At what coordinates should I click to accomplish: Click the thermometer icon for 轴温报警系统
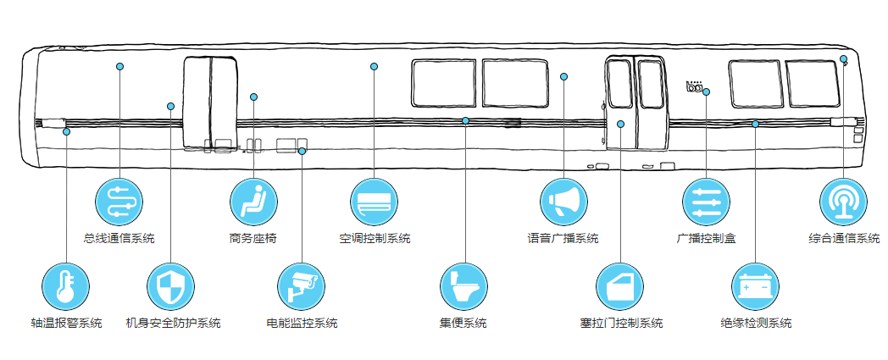[66, 285]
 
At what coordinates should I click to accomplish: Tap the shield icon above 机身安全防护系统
[170, 285]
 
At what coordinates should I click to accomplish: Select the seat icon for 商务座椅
[253, 202]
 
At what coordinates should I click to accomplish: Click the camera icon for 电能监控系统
[302, 285]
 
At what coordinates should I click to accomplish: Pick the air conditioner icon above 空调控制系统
[374, 202]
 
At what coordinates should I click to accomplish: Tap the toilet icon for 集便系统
[463, 285]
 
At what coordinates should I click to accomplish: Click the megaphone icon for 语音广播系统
[563, 202]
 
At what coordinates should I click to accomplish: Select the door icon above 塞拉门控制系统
[620, 285]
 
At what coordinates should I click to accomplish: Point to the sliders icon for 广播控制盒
[706, 202]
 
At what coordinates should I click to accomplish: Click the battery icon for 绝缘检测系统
[755, 285]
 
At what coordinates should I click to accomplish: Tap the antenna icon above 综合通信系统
[843, 202]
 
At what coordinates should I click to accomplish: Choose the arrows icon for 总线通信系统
[119, 202]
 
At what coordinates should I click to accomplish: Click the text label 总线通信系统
[119, 239]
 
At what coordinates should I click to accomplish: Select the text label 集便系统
[463, 323]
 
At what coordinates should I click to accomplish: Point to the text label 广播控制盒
[706, 239]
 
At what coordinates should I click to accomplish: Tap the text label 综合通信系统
[843, 239]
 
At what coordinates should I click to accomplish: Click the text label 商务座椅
[253, 239]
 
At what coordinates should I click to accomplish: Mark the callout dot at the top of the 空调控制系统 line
[374, 66]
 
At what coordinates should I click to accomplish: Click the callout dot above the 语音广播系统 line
[563, 77]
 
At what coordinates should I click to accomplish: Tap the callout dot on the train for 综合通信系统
[843, 58]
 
